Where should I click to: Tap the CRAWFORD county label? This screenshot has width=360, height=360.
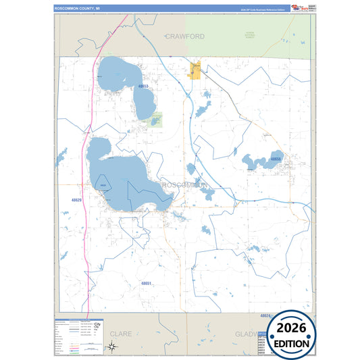coord(185,35)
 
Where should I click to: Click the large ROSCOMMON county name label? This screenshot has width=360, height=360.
coord(186,184)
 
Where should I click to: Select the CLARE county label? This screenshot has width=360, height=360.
coord(121,334)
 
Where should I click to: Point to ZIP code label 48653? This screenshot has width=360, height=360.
coord(143,87)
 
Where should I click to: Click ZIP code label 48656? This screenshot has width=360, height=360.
coord(276,159)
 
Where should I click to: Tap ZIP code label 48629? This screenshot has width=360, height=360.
coord(76,201)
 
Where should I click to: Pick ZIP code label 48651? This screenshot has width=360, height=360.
coord(146,283)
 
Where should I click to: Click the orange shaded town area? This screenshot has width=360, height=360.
coord(197,71)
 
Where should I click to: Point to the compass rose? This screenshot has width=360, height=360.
coord(112,346)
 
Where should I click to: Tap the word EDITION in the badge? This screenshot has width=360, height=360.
coord(292,343)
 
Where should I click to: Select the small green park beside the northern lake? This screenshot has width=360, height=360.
coord(156,120)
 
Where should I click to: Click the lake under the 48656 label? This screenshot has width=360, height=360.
coord(255,162)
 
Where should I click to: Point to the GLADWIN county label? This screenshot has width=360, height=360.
coord(245,334)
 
